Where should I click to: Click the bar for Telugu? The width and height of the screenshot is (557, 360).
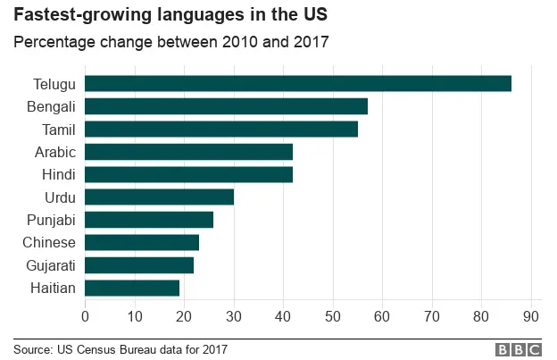coord(298,84)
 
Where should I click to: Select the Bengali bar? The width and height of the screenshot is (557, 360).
coord(226,106)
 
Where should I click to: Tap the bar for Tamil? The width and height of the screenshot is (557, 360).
coord(221,130)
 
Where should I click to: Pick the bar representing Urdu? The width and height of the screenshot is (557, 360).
coord(159,197)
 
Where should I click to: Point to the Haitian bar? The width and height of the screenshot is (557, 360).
coord(132,288)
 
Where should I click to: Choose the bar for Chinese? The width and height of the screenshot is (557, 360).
coord(142,242)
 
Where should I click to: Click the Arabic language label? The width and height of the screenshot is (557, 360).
coord(54,152)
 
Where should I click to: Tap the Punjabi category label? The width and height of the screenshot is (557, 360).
coord(52,220)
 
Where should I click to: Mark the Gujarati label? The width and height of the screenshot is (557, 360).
coord(52,265)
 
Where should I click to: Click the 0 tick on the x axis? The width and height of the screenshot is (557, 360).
coord(85,314)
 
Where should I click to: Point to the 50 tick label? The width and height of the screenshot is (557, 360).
coord(333,314)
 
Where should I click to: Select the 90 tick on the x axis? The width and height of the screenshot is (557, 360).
coord(531,314)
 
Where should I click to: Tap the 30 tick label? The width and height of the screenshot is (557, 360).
coord(234,314)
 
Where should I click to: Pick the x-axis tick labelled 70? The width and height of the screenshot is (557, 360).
coord(432,314)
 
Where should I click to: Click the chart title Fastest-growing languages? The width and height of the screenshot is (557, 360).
coord(170,16)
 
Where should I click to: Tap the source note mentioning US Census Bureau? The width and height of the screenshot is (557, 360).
coord(121,349)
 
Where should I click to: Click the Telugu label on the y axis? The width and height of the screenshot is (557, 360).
coord(54,84)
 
